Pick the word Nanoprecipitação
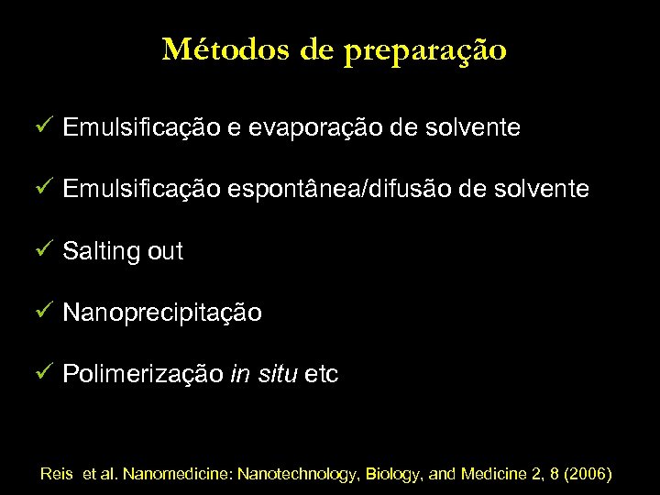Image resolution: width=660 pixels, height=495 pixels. click(x=162, y=313)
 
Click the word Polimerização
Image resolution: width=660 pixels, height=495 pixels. click(x=142, y=375)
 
